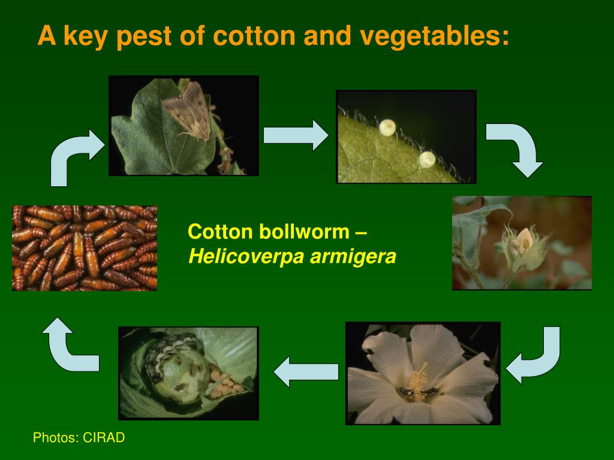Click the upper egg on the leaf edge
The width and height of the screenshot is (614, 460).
pyautogui.click(x=387, y=127)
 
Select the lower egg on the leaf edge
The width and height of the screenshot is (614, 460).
pyautogui.click(x=426, y=159)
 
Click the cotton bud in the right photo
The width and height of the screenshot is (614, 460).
pyautogui.click(x=522, y=243)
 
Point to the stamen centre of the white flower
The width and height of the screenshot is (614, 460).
pyautogui.click(x=417, y=383)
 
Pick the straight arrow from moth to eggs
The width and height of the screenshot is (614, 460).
pyautogui.click(x=296, y=135)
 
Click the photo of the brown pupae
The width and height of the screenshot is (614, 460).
pyautogui.click(x=85, y=247)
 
